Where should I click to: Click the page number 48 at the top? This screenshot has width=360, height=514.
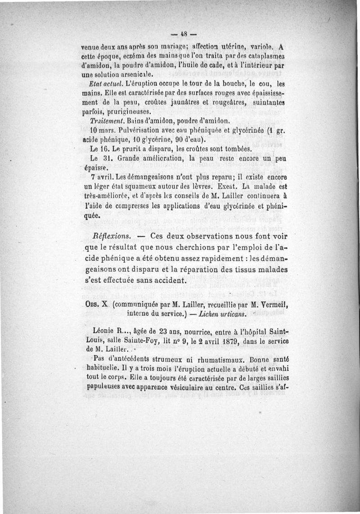184,34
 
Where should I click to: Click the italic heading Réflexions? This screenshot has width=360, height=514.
111,237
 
